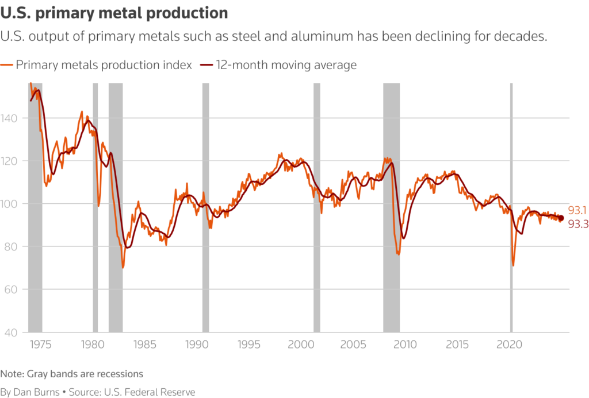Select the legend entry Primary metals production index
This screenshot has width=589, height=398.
(104, 65)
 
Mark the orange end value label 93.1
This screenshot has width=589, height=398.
(577, 210)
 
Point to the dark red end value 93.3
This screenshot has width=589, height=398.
(577, 224)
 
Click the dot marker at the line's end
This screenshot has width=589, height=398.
(561, 218)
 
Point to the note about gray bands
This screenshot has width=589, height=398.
(71, 374)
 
